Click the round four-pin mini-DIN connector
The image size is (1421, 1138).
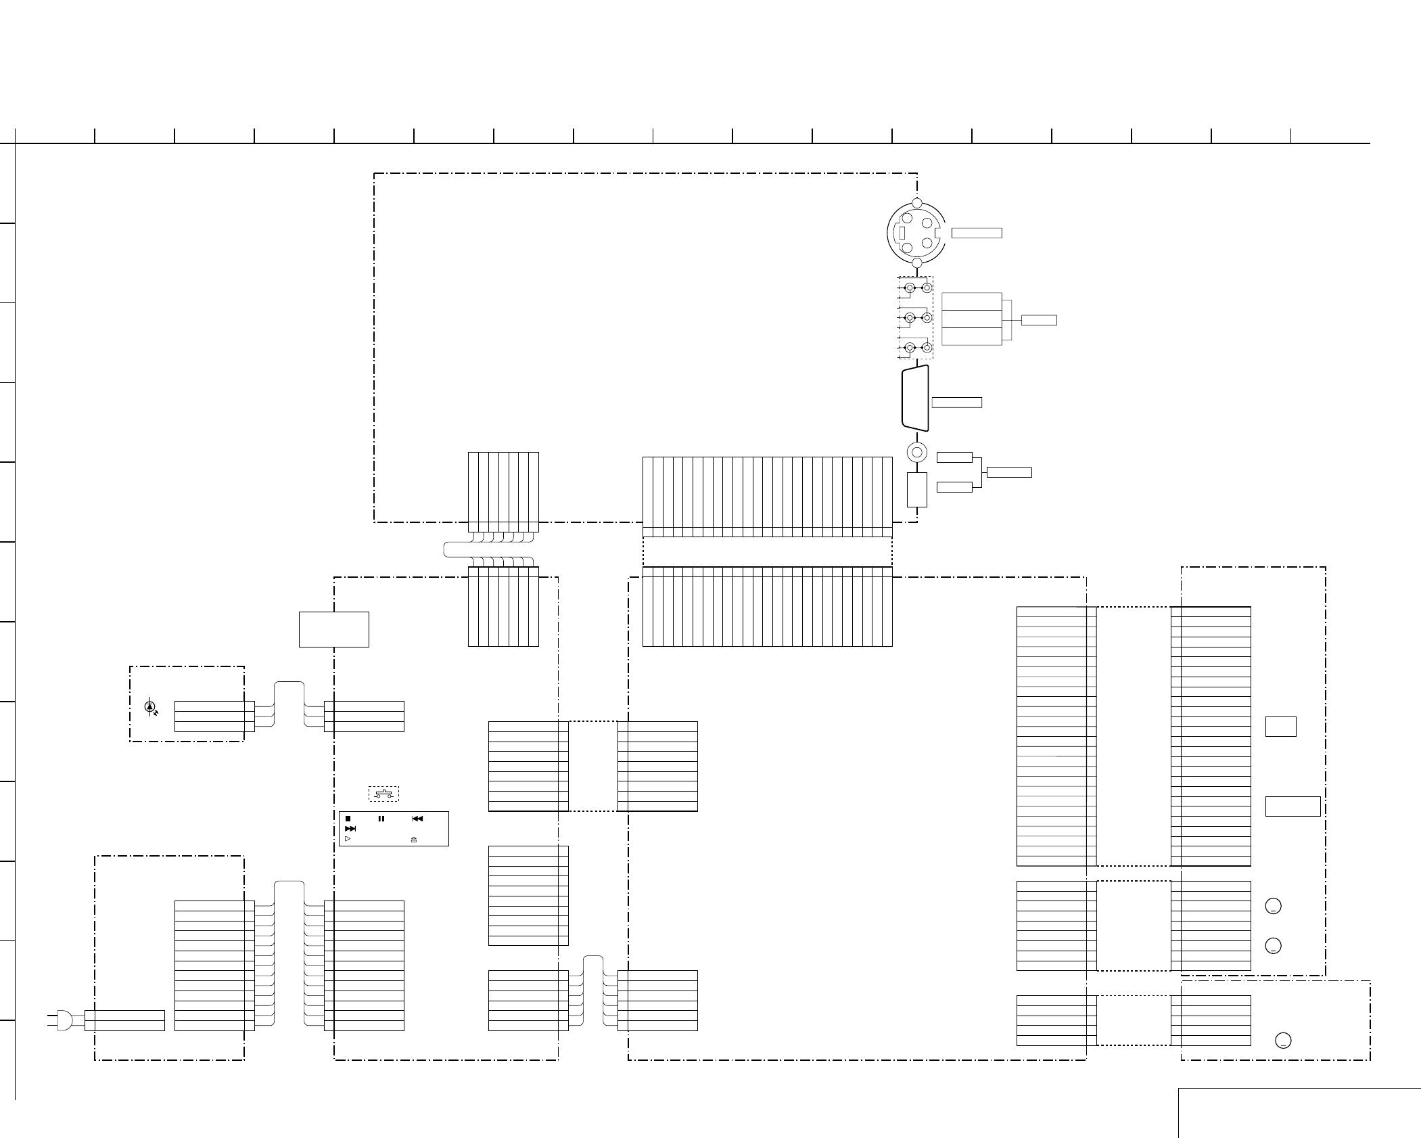pyautogui.click(x=916, y=232)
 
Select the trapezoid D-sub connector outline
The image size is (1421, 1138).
pyautogui.click(x=915, y=398)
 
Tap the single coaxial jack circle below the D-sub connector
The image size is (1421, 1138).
pyautogui.click(x=916, y=452)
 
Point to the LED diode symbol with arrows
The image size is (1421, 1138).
pyautogui.click(x=150, y=707)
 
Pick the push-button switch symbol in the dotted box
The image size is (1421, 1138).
pyautogui.click(x=383, y=793)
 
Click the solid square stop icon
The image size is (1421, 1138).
pyautogui.click(x=348, y=819)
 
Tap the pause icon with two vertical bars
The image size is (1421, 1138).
pyautogui.click(x=381, y=819)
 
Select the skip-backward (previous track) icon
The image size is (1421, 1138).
pyautogui.click(x=417, y=819)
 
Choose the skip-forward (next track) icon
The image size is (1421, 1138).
pyautogui.click(x=350, y=828)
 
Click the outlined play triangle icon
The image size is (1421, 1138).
pyautogui.click(x=348, y=838)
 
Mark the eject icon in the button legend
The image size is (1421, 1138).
pyautogui.click(x=414, y=839)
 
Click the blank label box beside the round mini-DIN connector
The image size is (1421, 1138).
pyautogui.click(x=977, y=233)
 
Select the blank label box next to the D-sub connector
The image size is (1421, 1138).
pyautogui.click(x=956, y=403)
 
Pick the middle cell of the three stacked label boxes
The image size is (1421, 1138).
pyautogui.click(x=971, y=319)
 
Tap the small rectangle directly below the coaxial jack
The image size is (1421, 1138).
pyautogui.click(x=916, y=490)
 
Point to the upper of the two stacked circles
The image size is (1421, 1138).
pyautogui.click(x=1273, y=906)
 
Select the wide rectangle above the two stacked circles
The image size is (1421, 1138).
pyautogui.click(x=1292, y=806)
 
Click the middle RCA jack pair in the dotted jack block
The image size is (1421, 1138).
pyautogui.click(x=918, y=318)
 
